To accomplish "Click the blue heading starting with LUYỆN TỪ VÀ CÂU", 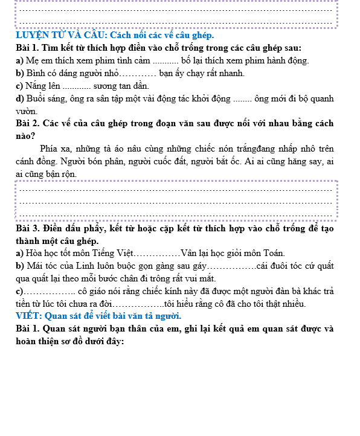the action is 115,35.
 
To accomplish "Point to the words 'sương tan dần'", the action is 121,86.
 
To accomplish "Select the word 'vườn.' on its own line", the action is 28,111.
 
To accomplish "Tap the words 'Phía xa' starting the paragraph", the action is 54,149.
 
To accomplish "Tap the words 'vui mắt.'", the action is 199,278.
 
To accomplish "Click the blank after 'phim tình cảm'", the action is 164,60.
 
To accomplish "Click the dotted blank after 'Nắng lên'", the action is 77,86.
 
